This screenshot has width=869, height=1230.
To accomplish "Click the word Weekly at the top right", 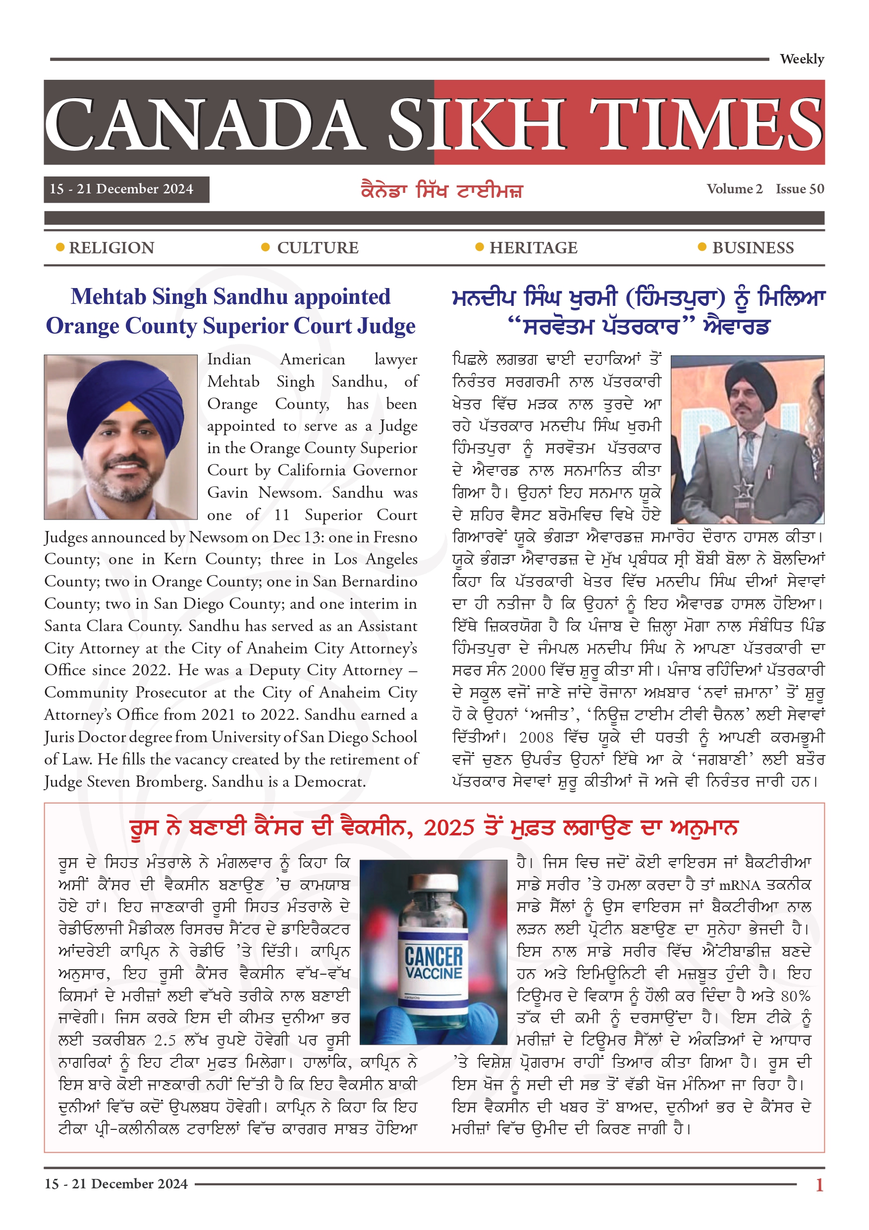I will (x=802, y=59).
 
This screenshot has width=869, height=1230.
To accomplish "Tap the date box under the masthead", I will (x=126, y=189).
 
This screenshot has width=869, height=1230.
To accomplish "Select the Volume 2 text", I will (x=734, y=189).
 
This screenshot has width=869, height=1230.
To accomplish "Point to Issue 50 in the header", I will (x=800, y=189).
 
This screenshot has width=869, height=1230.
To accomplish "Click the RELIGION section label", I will (x=111, y=248).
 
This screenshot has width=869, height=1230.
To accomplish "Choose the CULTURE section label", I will (x=318, y=248).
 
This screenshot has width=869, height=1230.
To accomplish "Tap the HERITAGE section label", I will (x=533, y=248).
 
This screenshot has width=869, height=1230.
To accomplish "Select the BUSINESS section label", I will (x=753, y=248).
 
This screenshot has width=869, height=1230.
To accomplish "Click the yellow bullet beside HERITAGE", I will (x=480, y=247).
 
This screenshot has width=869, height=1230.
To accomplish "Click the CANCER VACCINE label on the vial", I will (x=433, y=963).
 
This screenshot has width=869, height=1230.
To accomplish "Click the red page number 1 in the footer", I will (x=818, y=1184).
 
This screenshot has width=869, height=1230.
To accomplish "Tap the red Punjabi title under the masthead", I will (x=441, y=191).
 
